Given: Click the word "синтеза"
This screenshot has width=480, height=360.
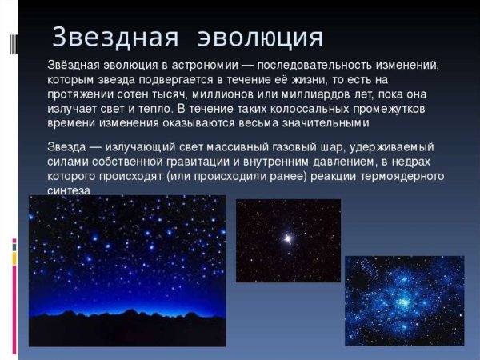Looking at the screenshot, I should tap(69, 192).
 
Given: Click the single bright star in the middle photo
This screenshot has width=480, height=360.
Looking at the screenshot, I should tap(286, 238).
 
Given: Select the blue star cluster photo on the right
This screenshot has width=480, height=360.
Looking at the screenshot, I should tap(404, 300).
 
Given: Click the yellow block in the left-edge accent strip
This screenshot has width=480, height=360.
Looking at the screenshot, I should tap(14, 258).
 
